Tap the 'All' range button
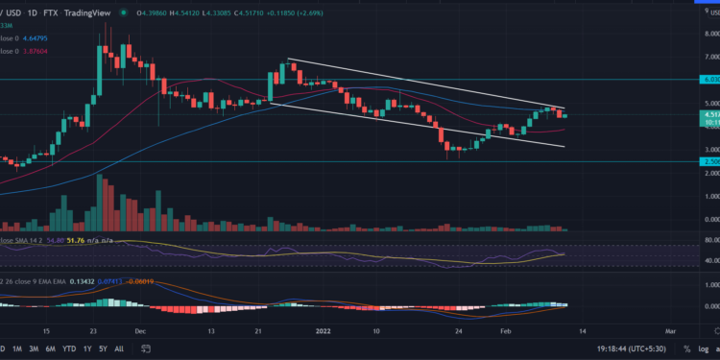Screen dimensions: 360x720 [119, 348]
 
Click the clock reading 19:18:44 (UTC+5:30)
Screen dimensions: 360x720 [602, 348]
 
